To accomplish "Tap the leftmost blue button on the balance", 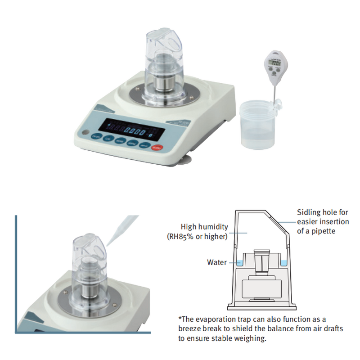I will coord(95,137).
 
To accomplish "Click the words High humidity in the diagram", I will coord(204,227).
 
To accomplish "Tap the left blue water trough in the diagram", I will coord(239,263).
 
